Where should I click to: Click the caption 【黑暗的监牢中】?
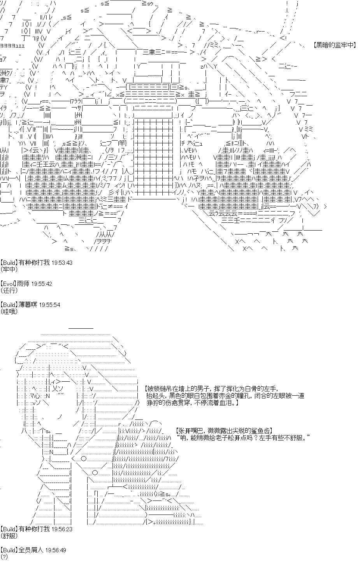(334, 45)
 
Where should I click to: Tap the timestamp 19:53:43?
(62, 263)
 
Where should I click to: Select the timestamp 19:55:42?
(42, 284)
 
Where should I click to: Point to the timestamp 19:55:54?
(50, 305)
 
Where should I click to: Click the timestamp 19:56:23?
(62, 529)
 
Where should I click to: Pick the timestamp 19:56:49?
(56, 550)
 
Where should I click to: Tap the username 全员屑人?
(31, 550)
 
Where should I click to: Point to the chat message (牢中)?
(9, 270)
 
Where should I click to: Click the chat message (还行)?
(9, 290)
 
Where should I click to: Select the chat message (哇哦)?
(9, 311)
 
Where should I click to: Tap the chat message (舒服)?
(9, 536)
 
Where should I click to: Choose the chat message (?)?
(4, 557)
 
